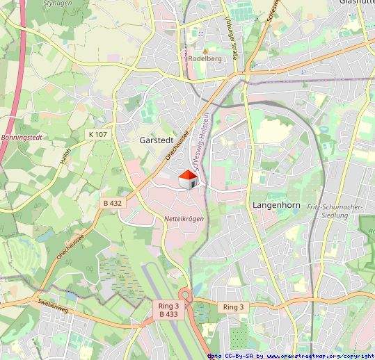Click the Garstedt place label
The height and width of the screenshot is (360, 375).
(156, 140)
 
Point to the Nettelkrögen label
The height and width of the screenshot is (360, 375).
(184, 219)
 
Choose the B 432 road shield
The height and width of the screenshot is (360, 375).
(112, 203)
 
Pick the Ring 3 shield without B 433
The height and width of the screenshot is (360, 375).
(233, 306)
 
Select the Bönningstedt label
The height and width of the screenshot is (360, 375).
(22, 138)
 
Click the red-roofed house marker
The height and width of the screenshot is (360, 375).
(188, 179)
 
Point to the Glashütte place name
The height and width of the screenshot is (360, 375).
(356, 2)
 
